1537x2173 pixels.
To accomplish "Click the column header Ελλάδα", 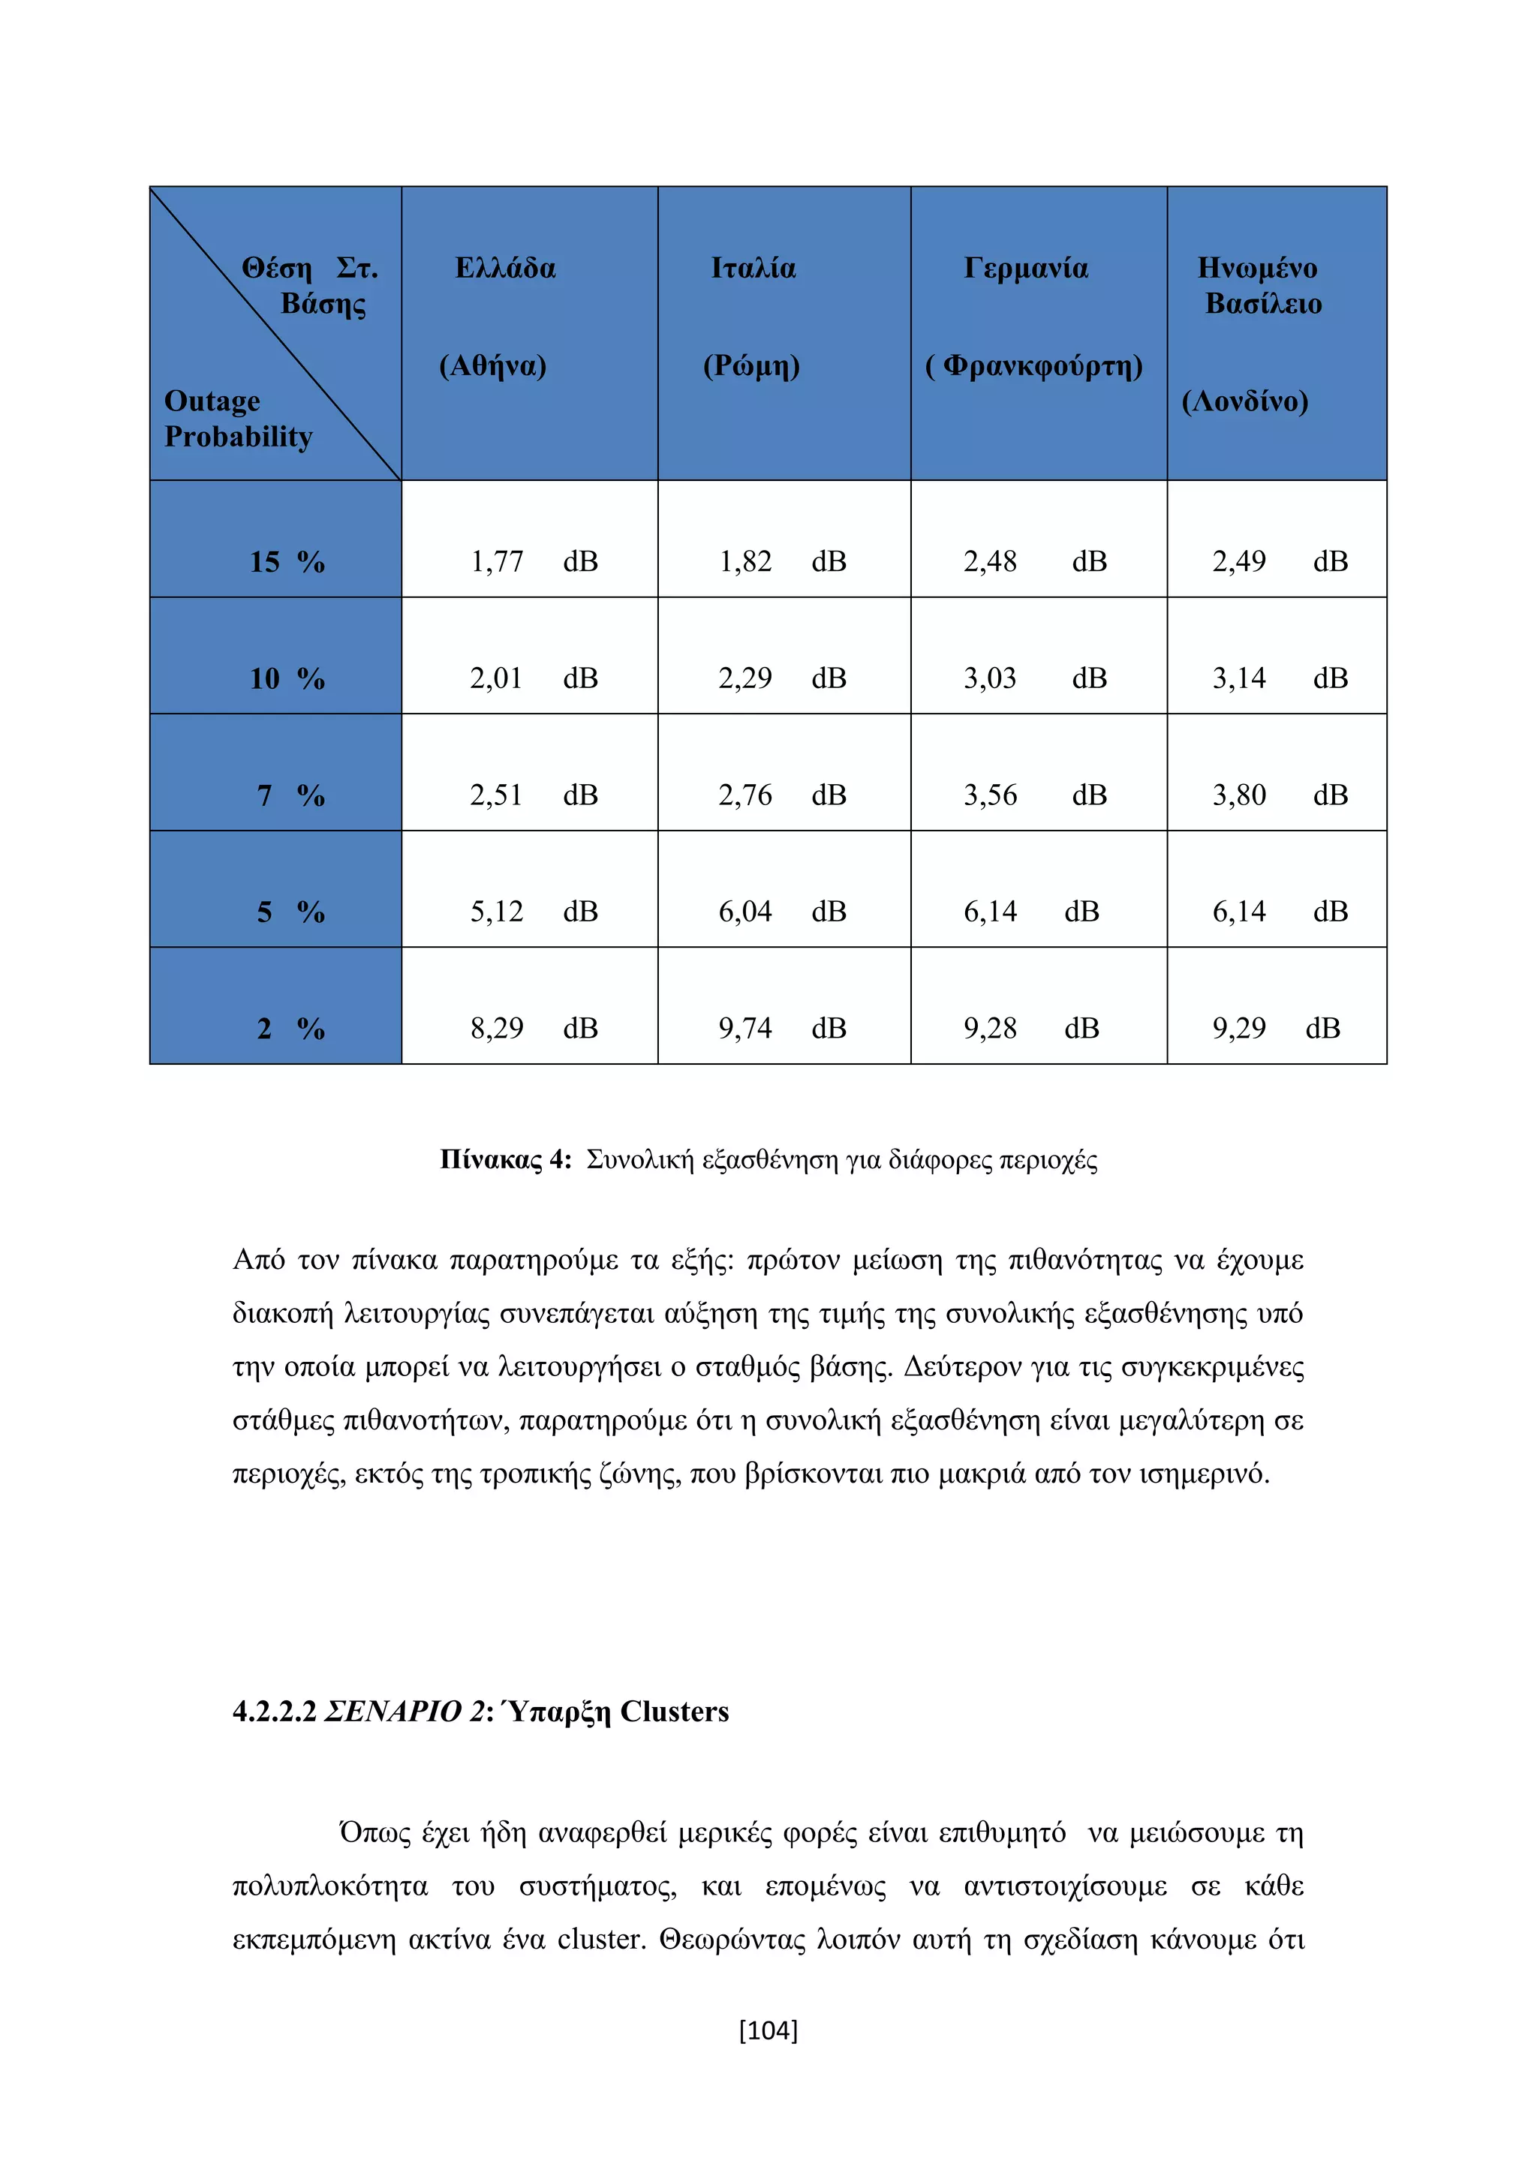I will pos(505,269).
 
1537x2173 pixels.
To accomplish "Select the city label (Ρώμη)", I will pos(750,366).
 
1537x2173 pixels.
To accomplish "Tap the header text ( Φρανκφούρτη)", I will pos(1033,366).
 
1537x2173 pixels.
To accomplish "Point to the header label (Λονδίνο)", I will pos(1244,402).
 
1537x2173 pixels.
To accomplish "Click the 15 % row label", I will pos(287,562).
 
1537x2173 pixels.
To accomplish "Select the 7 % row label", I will pos(290,796).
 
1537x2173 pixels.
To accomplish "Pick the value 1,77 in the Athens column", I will pos(496,562).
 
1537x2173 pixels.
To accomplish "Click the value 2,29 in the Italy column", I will pos(744,678).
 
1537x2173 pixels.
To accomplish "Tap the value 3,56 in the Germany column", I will pos(990,796).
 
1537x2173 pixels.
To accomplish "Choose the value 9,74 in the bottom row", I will pos(744,1029).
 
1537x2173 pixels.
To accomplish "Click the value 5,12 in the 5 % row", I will pos(496,912).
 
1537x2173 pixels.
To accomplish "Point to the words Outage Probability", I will pos(238,419).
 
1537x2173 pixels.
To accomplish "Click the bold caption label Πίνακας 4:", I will pos(505,1160).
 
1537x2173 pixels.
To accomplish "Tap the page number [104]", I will pos(768,2029).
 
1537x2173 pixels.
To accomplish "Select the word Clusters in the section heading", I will pos(674,1712).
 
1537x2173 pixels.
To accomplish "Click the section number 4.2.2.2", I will pos(273,1712).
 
